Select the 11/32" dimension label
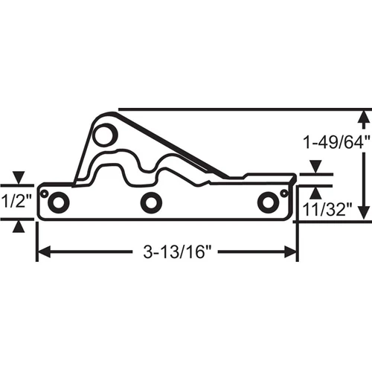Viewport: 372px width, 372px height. click(x=327, y=210)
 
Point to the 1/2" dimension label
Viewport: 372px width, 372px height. click(x=16, y=201)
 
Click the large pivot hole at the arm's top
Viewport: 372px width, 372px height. click(x=106, y=135)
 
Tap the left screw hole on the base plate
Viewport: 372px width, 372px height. click(x=58, y=202)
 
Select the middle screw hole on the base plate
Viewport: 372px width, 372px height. click(x=151, y=202)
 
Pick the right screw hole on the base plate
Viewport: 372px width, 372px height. click(x=268, y=202)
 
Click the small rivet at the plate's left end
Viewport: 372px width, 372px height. click(x=45, y=193)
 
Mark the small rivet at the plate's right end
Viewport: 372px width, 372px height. click(x=284, y=193)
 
